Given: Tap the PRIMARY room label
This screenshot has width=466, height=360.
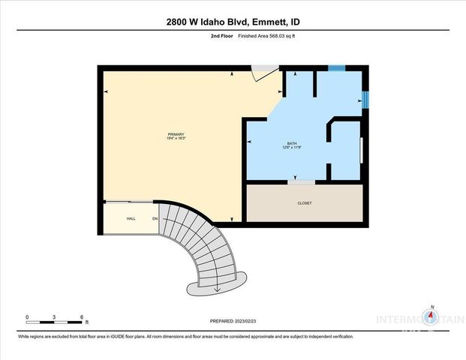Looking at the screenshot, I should [176, 134].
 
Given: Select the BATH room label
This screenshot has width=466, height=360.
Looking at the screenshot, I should [292, 143].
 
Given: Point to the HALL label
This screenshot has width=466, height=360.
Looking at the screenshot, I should [131, 218].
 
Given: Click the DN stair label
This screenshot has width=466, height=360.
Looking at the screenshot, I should [155, 218].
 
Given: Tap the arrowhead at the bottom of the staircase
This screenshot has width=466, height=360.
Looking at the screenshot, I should [217, 289].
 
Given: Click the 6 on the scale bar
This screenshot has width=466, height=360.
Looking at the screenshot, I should [81, 316].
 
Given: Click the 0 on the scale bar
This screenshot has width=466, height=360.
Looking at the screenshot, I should [27, 316].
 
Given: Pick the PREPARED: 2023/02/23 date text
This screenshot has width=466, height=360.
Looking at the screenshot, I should [233, 321].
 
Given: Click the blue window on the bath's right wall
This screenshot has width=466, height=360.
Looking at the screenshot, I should [366, 99].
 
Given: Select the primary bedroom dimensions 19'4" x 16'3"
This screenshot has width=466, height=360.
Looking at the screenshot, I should [176, 139].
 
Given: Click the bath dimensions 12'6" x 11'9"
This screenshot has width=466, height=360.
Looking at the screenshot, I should [292, 148].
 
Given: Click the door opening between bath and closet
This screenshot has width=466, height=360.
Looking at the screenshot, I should [302, 182].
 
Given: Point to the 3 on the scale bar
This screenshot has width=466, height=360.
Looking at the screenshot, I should [54, 316].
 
